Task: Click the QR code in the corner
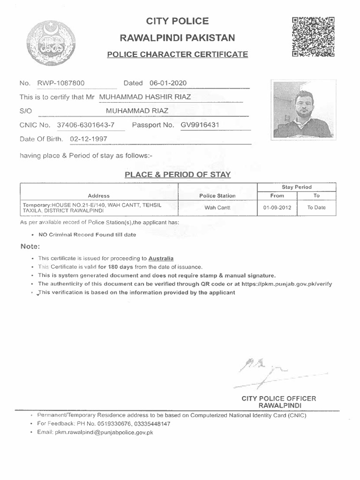pyautogui.click(x=313, y=37)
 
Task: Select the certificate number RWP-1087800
pyautogui.click(x=60, y=83)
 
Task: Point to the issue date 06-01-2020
pyautogui.click(x=168, y=83)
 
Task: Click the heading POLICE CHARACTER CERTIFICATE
pyautogui.click(x=178, y=54)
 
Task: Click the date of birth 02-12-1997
pyautogui.click(x=89, y=139)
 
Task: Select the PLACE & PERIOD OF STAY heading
pyautogui.click(x=177, y=175)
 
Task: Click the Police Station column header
pyautogui.click(x=217, y=195)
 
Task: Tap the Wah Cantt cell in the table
pyautogui.click(x=217, y=207)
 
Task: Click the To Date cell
pyautogui.click(x=316, y=207)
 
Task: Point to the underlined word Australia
pyautogui.click(x=161, y=258)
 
